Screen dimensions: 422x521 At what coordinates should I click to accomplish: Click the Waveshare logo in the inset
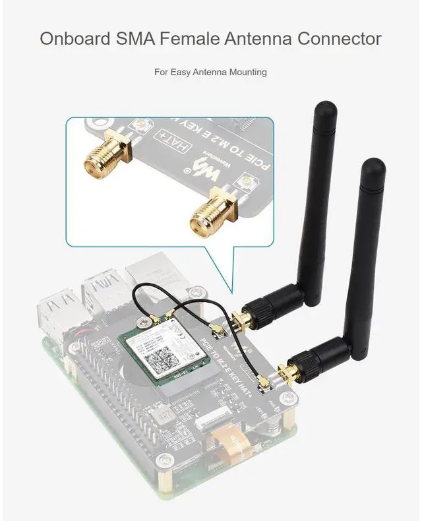pyautogui.click(x=206, y=170)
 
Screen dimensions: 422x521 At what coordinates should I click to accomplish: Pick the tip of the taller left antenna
pyautogui.click(x=324, y=106)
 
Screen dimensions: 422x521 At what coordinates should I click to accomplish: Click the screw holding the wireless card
pyautogui.click(x=143, y=321)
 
